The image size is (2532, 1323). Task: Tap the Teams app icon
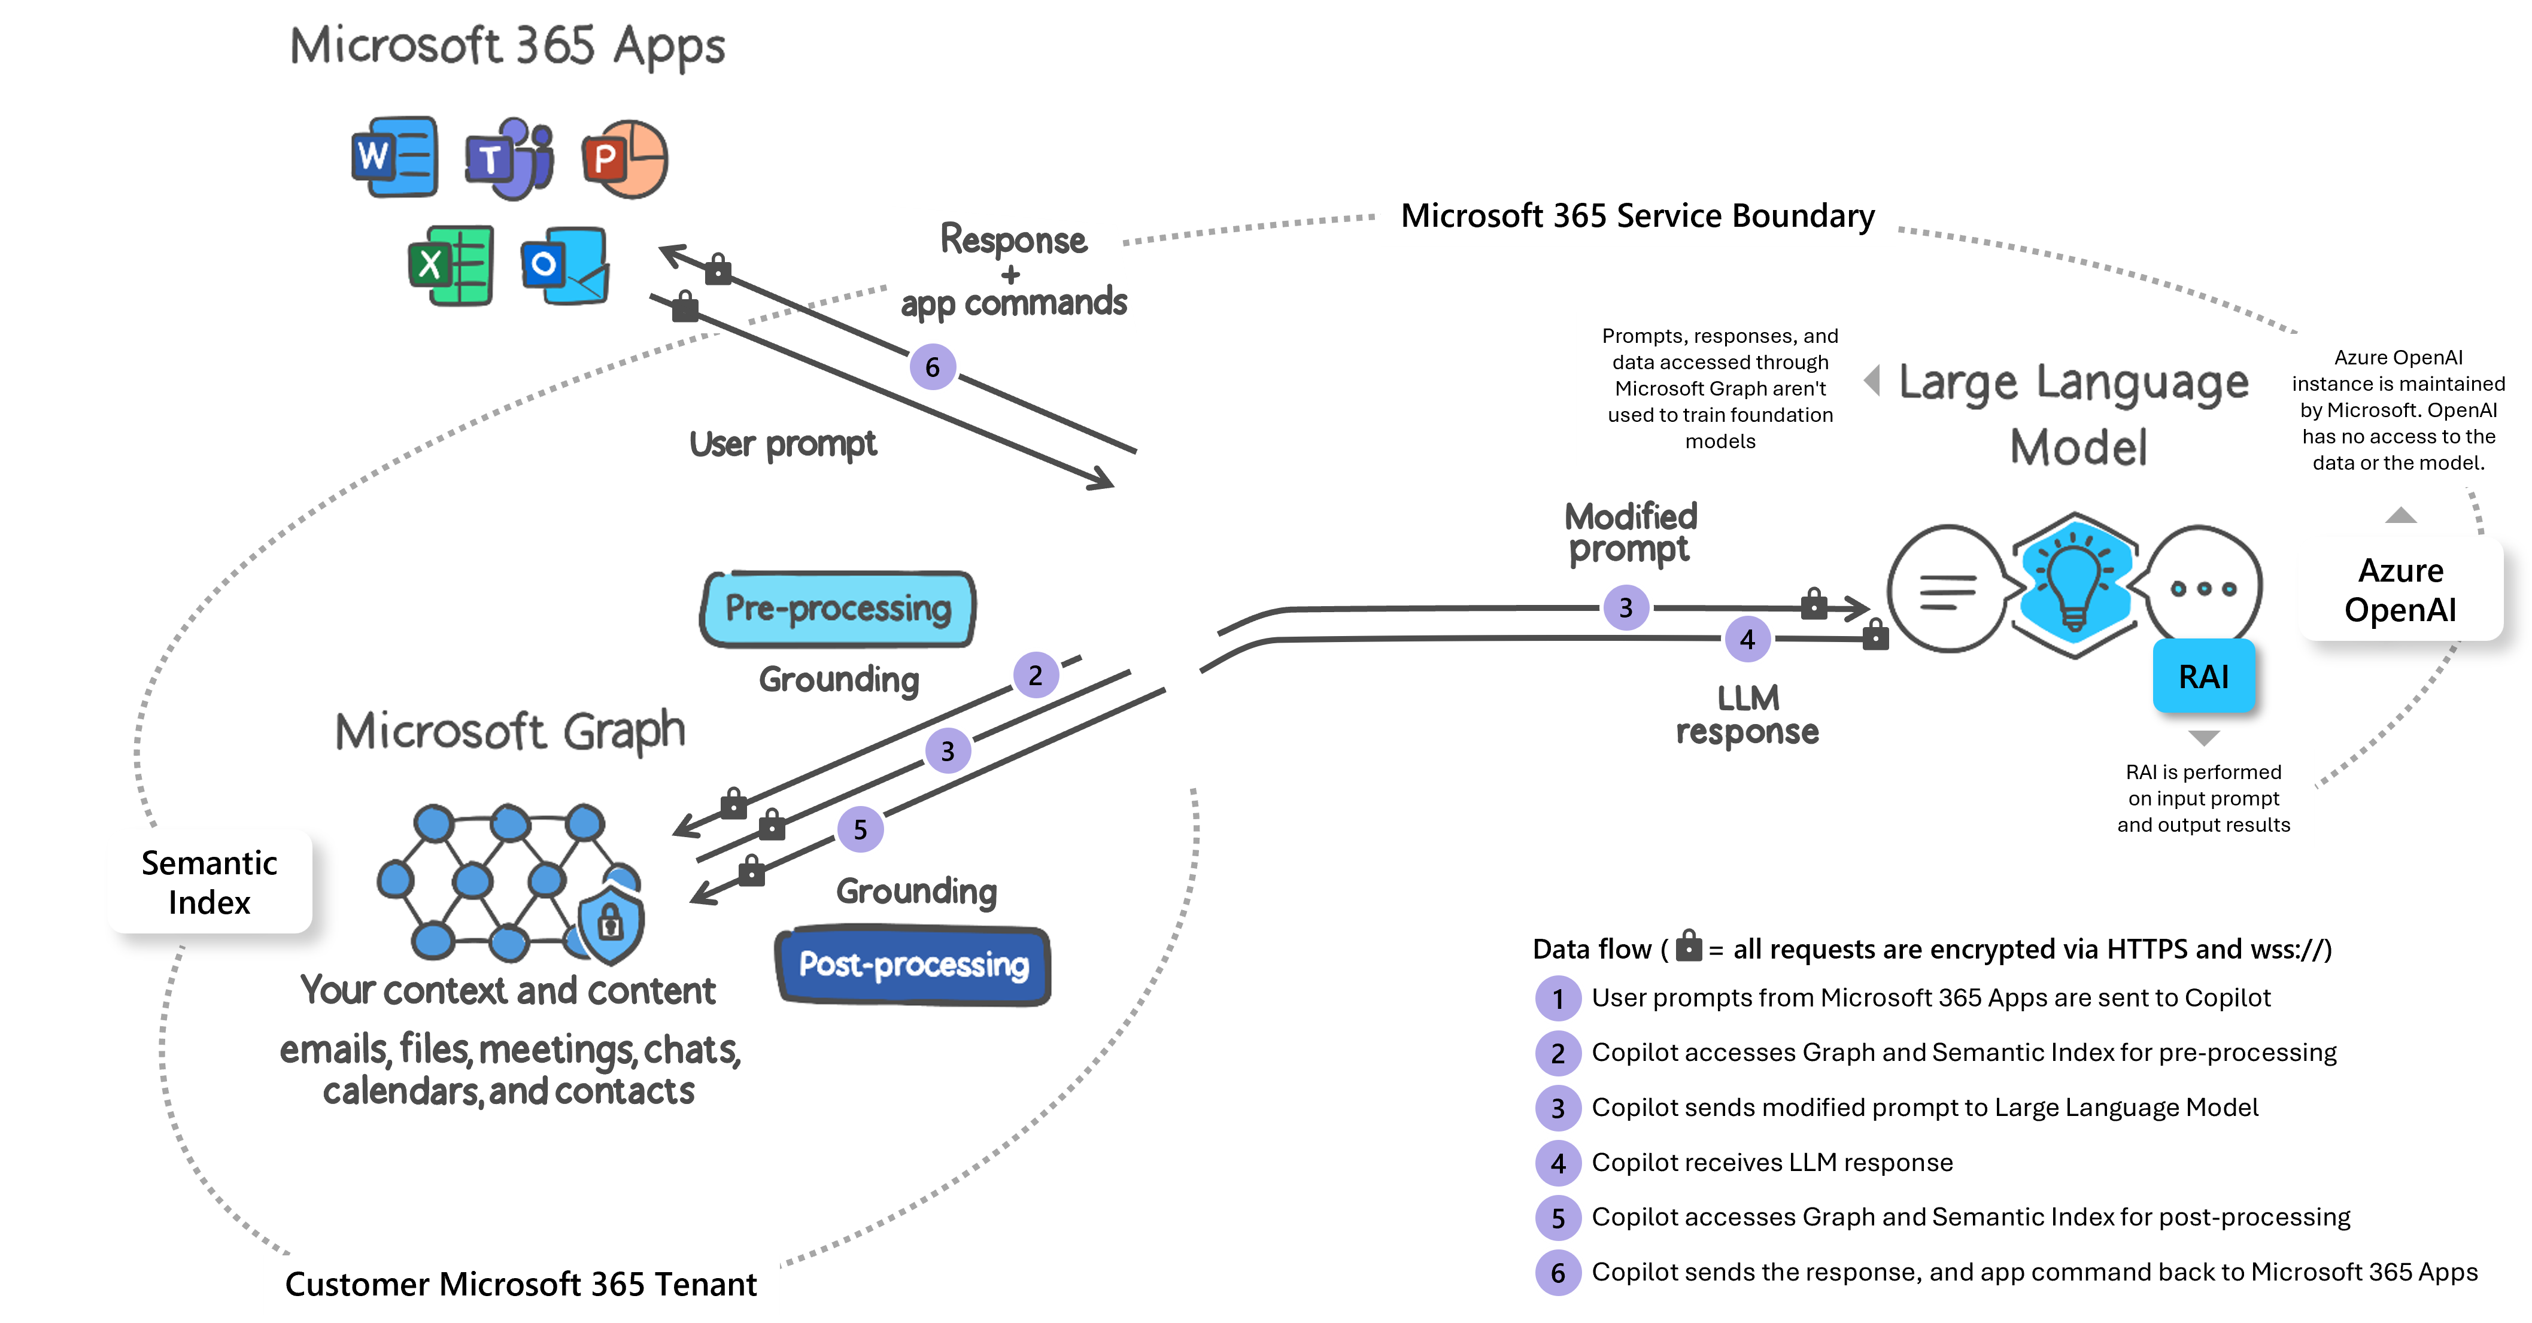[x=509, y=158]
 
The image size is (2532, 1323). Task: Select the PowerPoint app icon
[x=624, y=158]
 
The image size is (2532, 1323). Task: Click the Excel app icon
[x=451, y=266]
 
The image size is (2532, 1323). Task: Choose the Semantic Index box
[x=210, y=881]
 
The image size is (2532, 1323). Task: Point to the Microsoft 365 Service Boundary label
[x=1638, y=216]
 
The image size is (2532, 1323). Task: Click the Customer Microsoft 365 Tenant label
[x=521, y=1284]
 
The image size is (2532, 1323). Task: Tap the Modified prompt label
[x=1628, y=532]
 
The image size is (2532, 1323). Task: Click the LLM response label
[x=1748, y=714]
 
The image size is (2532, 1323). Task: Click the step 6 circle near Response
[x=932, y=367]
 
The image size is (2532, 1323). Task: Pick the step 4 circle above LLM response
[x=1747, y=639]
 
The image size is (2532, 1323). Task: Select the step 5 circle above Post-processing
[x=860, y=829]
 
